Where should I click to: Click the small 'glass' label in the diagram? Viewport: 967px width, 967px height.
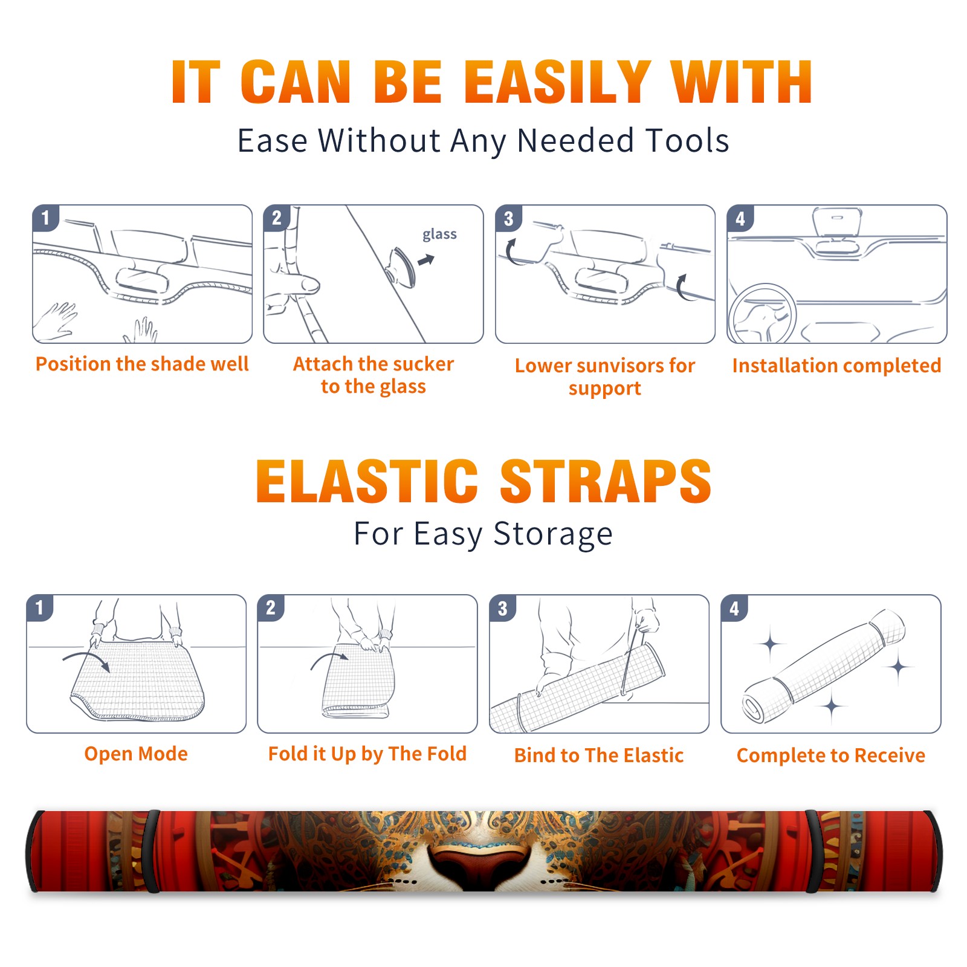tap(439, 234)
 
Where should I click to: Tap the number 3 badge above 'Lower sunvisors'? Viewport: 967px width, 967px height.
tap(509, 218)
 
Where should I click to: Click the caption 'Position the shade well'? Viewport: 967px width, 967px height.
tap(142, 364)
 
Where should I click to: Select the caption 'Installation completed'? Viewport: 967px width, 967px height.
tap(836, 366)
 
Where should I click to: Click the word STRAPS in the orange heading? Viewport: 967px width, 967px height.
tap(606, 481)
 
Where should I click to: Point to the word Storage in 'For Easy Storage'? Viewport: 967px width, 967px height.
tap(553, 534)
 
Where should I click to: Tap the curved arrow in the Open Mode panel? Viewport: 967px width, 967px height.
tap(86, 660)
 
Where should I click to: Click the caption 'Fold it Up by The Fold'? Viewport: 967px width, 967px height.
tap(367, 754)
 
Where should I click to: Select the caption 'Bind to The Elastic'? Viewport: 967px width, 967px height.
tap(599, 755)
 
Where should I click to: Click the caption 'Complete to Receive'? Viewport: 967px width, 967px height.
tap(831, 755)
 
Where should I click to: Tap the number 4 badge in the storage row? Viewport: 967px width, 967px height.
tap(734, 608)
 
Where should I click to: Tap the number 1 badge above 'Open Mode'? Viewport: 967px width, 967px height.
tap(40, 608)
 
